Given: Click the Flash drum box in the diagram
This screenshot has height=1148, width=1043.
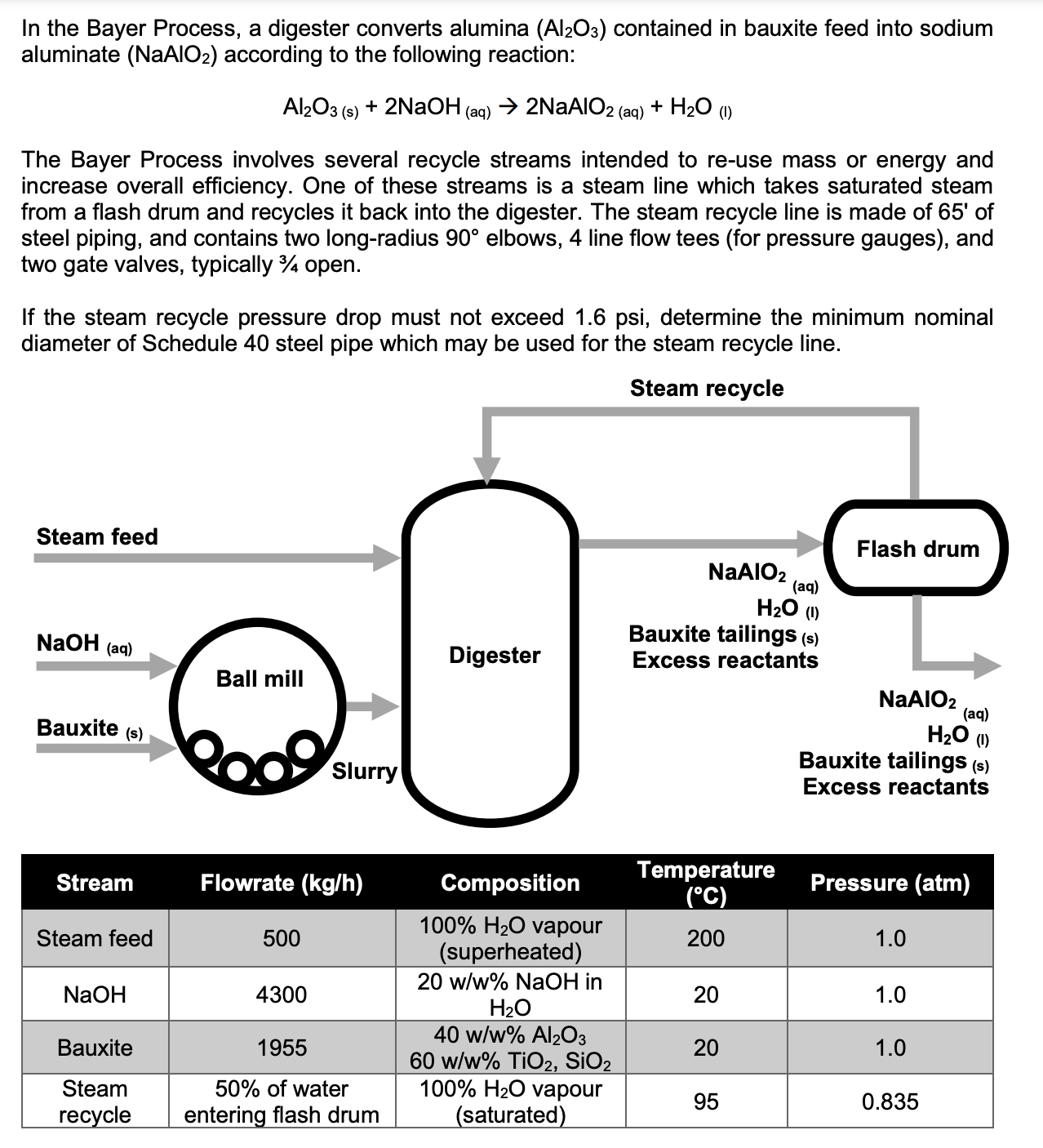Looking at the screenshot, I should (x=918, y=548).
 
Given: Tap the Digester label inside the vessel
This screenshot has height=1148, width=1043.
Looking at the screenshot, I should (x=495, y=655).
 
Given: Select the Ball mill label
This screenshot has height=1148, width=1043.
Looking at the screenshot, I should (x=260, y=679).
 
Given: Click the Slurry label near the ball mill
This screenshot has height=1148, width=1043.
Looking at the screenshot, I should (x=364, y=771).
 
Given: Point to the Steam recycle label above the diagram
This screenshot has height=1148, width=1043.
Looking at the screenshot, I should (x=707, y=388).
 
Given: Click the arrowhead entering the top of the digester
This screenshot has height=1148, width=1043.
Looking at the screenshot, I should (x=487, y=469).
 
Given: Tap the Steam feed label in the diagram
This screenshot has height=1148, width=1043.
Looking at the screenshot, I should (x=97, y=536).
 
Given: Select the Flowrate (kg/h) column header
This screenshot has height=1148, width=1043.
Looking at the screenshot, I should (x=282, y=883).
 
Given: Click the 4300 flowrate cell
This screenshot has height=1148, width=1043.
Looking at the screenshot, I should (x=282, y=994).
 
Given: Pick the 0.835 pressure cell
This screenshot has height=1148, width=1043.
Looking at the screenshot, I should (x=890, y=1101).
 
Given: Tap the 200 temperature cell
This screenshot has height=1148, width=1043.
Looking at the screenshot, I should (x=706, y=938).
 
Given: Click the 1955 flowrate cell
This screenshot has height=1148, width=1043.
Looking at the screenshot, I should (x=282, y=1048).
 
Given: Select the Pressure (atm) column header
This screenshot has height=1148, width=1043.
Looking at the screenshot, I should (x=890, y=883).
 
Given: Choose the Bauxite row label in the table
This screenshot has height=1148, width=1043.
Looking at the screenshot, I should (x=95, y=1048).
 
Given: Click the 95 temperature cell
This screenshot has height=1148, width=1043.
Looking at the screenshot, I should (x=706, y=1101).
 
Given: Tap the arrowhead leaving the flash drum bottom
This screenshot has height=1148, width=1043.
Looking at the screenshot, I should (x=986, y=665).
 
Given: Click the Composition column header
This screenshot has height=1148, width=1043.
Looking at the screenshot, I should (x=510, y=883).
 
